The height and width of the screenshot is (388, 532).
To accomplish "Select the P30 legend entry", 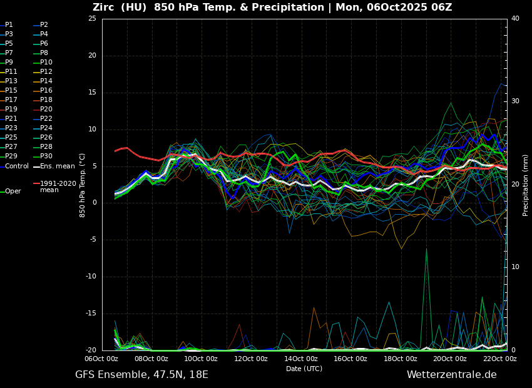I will coord(46,156).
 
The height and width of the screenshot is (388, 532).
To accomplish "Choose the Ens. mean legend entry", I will coord(57,166).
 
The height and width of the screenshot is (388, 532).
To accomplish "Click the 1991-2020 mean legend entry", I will coord(58,186).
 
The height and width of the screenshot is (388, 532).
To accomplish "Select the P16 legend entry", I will coord(46,91).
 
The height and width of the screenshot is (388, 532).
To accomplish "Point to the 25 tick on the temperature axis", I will coord(92,19).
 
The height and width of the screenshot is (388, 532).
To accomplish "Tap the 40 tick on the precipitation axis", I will coord(515,19).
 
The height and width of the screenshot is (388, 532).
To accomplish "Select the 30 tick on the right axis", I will coord(515,101).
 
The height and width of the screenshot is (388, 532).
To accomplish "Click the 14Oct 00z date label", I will coord(301,359).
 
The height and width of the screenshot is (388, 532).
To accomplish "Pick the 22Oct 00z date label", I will coord(500,359).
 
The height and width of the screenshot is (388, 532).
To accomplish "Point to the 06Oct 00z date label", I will coord(101,359).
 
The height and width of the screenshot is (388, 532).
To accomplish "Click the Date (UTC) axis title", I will coord(304,369).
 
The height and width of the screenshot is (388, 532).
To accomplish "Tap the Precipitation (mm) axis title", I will coord(526,185).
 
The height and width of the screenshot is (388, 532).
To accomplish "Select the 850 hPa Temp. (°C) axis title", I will coord(83,185).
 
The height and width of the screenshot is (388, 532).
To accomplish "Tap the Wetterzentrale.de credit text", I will coord(451,375).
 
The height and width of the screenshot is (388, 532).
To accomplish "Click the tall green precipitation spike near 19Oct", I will coord(426,250).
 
